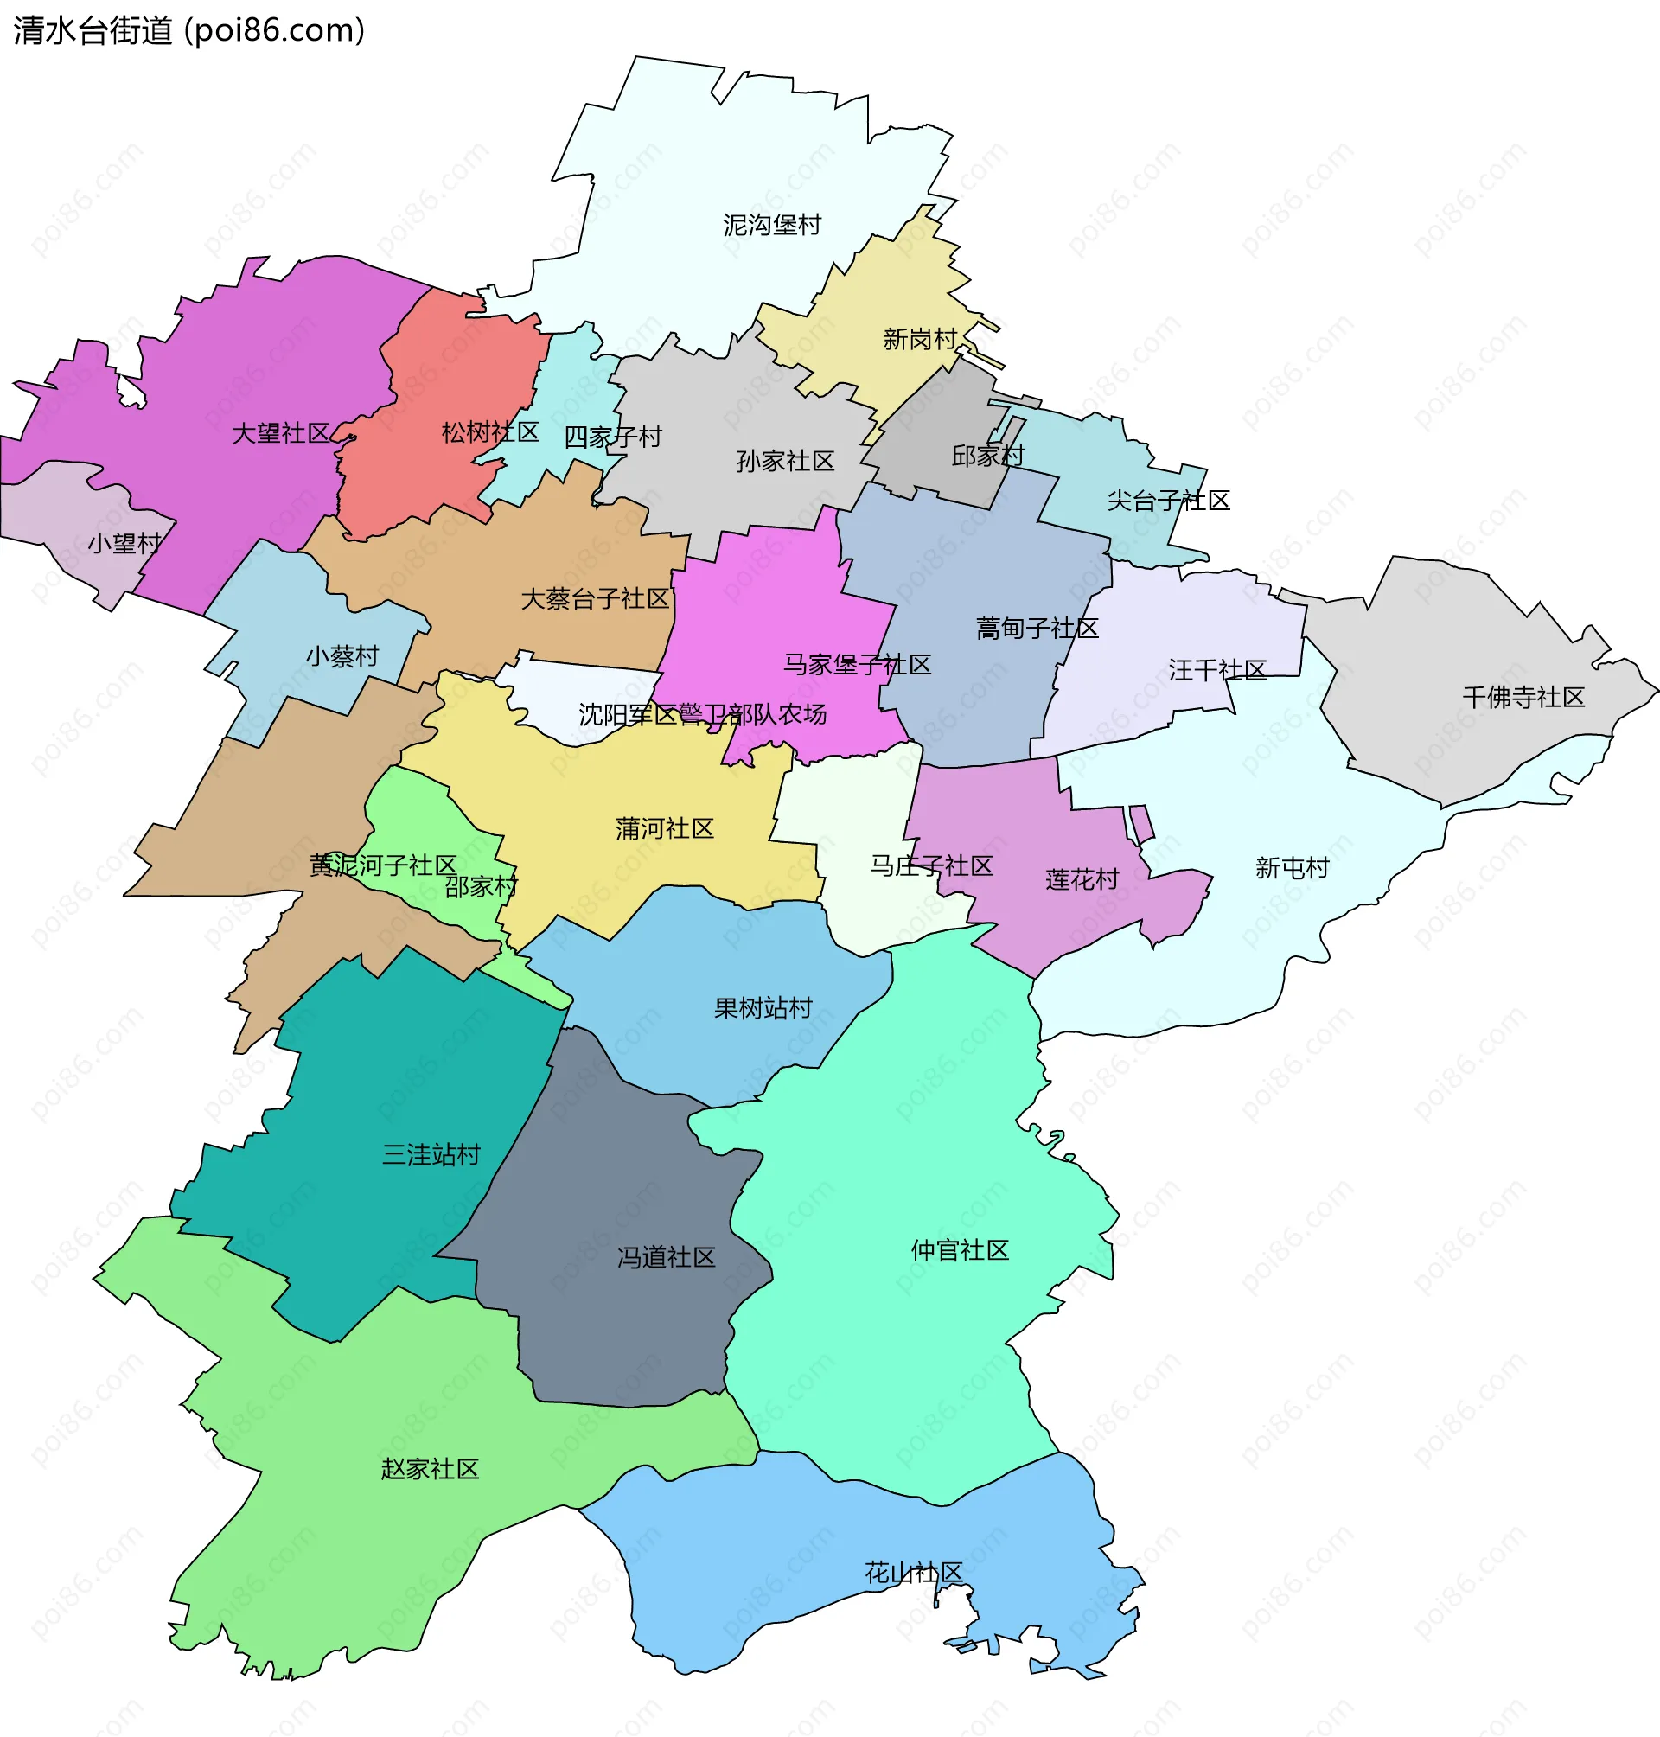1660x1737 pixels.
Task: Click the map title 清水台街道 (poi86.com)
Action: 188,31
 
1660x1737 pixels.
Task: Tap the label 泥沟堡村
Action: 771,225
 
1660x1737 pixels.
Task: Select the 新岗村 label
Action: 920,339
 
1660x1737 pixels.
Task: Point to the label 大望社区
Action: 280,432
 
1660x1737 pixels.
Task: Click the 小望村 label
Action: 124,542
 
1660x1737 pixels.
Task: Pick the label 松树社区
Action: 490,431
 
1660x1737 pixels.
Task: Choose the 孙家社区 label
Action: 785,461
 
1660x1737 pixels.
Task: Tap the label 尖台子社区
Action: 1168,501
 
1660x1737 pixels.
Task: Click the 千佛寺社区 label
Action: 1523,697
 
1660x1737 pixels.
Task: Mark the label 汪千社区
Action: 1216,670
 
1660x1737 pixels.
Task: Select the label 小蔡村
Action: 342,655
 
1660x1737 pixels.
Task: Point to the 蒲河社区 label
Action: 665,828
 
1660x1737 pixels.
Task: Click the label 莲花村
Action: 1082,879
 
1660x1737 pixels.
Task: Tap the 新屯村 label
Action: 1292,868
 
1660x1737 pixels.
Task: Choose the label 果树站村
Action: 763,1008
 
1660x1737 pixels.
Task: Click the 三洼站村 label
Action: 431,1155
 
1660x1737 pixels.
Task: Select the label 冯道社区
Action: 667,1257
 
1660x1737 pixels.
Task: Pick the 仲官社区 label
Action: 960,1250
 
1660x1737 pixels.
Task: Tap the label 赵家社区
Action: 430,1469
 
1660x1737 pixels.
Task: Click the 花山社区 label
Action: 913,1573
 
